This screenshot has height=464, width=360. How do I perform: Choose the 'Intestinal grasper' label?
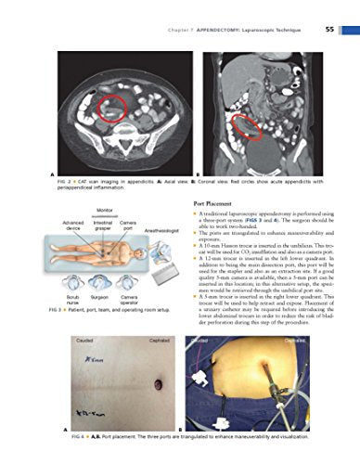click(103, 227)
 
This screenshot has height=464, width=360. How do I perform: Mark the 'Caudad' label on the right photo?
click(202, 342)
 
